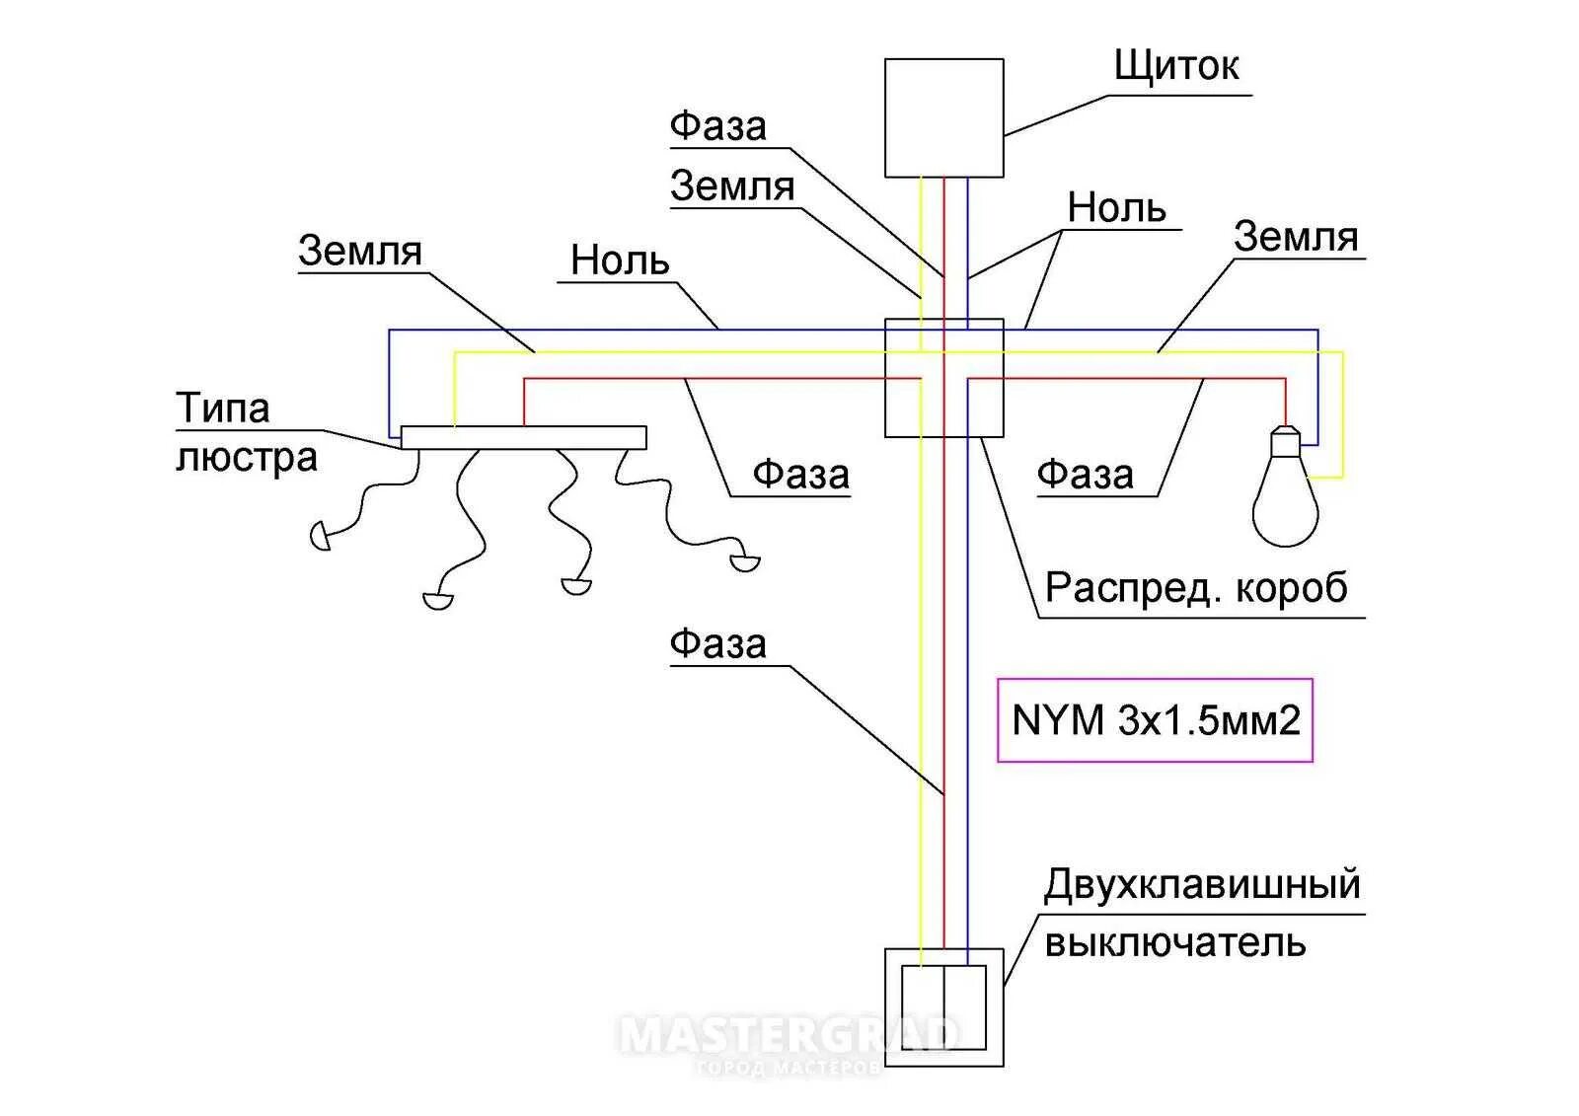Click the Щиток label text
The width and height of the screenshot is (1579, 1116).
coord(1175,66)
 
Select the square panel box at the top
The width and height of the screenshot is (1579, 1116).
coord(943,117)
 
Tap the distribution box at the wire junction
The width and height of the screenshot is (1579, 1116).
coord(943,377)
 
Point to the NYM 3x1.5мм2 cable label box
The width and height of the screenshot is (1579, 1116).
coord(1155,720)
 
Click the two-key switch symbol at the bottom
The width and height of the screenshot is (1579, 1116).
coord(943,1007)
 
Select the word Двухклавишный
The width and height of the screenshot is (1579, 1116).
coord(1202,884)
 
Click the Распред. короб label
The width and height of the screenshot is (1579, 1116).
coord(1196,588)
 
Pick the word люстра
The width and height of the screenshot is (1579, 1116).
coord(247,458)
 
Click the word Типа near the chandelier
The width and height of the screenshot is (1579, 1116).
coord(223,408)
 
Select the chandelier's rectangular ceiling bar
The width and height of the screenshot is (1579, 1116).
coord(523,437)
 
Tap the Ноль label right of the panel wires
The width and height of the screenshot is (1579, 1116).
coord(1116,208)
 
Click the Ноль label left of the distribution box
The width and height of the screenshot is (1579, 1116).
coord(620,260)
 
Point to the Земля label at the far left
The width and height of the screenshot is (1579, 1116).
coord(360,251)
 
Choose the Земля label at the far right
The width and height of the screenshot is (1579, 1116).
coord(1296,237)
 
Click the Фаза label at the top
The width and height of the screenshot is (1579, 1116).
coord(717,126)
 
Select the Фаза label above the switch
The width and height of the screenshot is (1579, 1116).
coord(717,643)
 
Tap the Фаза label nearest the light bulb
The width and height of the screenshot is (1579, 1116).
coord(1085,475)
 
